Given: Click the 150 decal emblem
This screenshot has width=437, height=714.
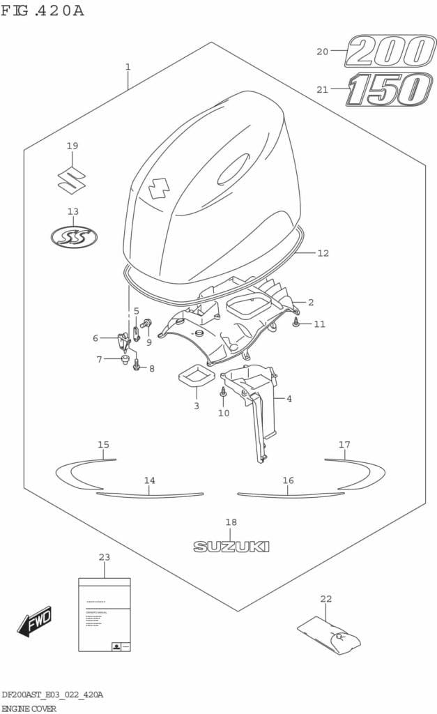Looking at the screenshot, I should coord(389,89).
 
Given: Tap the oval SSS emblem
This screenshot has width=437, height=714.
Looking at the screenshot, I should coord(74,237).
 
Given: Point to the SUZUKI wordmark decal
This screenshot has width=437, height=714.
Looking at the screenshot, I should coord(231,547).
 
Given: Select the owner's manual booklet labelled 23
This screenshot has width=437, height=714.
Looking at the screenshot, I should coord(104,614).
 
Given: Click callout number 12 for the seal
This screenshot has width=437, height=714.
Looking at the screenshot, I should coord(322,253).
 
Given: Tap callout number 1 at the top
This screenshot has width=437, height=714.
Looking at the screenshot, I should coord(128,67).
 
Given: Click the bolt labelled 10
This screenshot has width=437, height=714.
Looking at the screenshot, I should coord(223,393).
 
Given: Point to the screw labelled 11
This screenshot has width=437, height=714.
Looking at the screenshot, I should coord(297,324).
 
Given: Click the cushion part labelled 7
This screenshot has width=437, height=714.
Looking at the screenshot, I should coord(125,360).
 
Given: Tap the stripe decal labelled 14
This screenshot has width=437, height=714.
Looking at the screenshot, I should coord(150,494).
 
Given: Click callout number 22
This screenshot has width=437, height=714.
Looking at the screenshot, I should coord(325,599).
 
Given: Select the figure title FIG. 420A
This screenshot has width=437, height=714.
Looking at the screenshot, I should coord(42,10).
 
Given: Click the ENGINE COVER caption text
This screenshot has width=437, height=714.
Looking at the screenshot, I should coord(29,708).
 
